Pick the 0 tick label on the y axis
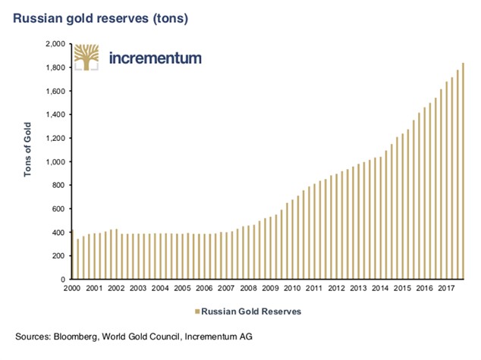click(61, 279)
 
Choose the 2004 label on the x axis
click(161, 289)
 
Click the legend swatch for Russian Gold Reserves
click(197, 311)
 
